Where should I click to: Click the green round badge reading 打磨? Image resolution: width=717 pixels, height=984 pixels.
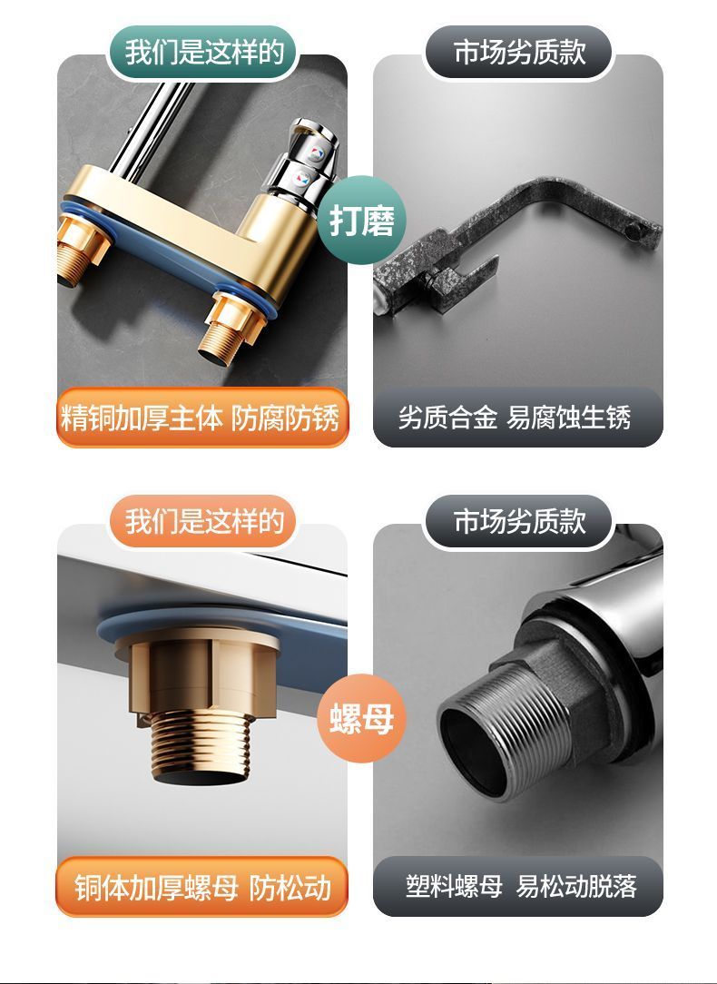(362, 221)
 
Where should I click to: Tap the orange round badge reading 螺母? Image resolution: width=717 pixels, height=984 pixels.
(362, 718)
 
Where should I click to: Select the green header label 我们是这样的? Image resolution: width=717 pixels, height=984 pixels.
(204, 53)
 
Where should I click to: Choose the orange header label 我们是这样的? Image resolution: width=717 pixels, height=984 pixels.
(204, 521)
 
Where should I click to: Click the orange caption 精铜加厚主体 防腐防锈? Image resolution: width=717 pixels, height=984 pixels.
(201, 418)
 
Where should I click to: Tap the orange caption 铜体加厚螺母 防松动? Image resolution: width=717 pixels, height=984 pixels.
(201, 887)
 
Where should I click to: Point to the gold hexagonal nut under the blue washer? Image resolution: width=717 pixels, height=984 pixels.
(199, 671)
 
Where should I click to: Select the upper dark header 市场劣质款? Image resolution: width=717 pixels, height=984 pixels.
(519, 53)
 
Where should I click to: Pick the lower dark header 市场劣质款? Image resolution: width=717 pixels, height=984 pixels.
(519, 521)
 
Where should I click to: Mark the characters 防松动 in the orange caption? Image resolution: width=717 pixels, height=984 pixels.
(290, 888)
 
